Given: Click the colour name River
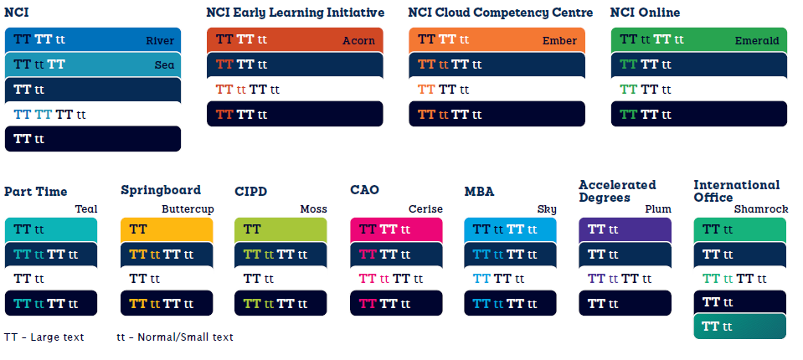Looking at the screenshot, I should tap(160, 41).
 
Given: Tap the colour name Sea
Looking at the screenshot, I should tap(165, 65).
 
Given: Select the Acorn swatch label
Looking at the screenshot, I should tap(358, 41).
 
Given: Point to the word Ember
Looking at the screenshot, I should tap(559, 41).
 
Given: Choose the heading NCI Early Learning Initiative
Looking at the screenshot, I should tap(296, 13).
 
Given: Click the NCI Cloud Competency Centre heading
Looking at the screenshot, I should tap(501, 13).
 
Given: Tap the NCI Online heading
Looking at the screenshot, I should tap(645, 13).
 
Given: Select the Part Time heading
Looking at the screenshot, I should tap(35, 192).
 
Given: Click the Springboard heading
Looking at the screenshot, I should tap(161, 190).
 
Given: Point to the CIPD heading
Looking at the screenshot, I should tap(251, 192).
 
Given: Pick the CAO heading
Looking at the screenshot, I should tap(364, 190).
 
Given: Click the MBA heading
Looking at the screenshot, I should tap(481, 192).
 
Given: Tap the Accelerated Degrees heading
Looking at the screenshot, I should tap(617, 191).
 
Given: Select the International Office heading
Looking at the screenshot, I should tap(736, 191).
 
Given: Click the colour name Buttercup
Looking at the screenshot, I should tap(187, 209).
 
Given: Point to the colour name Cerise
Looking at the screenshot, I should tap(425, 209).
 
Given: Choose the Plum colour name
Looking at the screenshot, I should tap(658, 209).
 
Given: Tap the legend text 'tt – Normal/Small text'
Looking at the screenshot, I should tap(175, 337).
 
